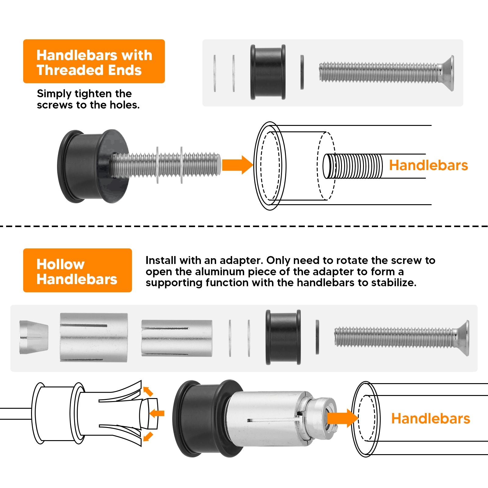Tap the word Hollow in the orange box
[x=60, y=264]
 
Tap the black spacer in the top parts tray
[x=268, y=72]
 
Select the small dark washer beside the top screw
[x=302, y=72]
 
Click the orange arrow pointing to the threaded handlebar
[x=237, y=165]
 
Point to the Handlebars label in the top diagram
[x=428, y=165]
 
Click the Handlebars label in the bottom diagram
[x=430, y=419]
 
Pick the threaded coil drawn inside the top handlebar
[x=353, y=166]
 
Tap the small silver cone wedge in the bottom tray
[x=34, y=337]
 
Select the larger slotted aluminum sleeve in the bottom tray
[x=94, y=337]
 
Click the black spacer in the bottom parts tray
[x=283, y=337]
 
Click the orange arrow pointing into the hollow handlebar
[x=343, y=418]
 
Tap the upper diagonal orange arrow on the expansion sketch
[x=148, y=391]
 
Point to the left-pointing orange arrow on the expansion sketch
[x=157, y=413]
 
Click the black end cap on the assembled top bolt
[x=92, y=166]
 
